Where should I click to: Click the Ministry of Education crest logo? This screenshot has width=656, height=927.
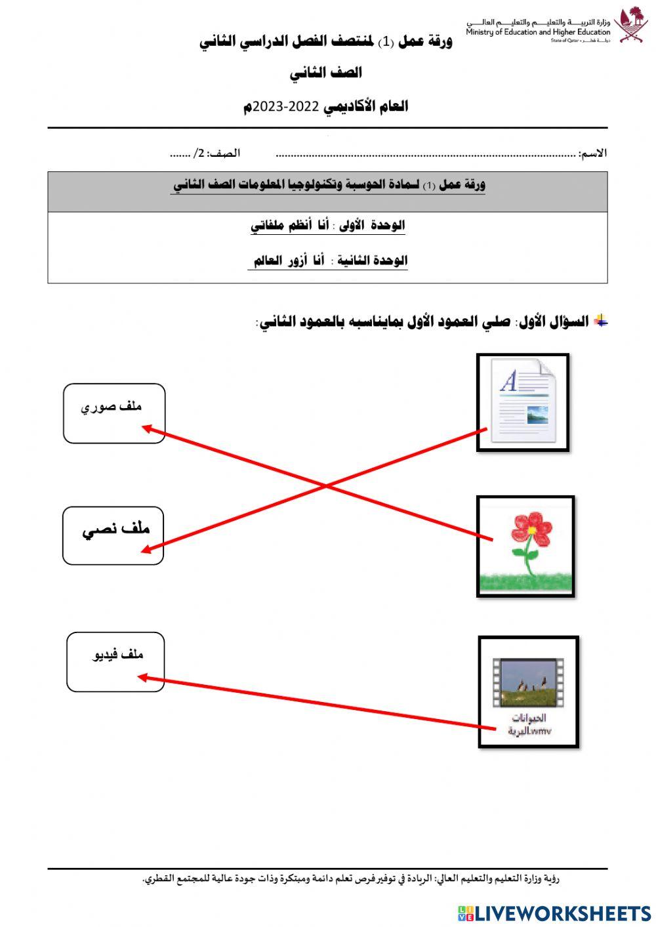[x=630, y=25]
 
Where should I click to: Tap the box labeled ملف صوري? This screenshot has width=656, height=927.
[x=114, y=413]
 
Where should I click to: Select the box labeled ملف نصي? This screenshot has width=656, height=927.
[x=113, y=535]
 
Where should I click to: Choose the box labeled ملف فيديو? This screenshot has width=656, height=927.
[x=115, y=661]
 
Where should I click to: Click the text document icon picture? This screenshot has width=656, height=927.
[x=523, y=402]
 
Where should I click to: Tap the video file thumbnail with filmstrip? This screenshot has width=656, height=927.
[x=528, y=682]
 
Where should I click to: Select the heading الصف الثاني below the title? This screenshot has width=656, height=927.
[x=326, y=73]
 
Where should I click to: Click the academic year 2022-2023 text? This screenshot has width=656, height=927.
[x=326, y=106]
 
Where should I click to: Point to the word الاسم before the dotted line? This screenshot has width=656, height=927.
[x=593, y=154]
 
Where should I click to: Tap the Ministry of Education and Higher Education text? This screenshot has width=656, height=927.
[x=538, y=31]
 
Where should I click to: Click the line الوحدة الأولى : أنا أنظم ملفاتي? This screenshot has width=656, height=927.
[x=328, y=226]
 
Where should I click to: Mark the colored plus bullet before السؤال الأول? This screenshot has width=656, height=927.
[x=601, y=321]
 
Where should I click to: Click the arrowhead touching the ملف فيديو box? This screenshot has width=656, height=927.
[x=142, y=678]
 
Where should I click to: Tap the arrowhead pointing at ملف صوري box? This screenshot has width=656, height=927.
[x=147, y=428]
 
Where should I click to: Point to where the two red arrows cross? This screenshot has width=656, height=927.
[x=326, y=485]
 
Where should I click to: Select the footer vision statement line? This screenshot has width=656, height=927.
[x=351, y=878]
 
